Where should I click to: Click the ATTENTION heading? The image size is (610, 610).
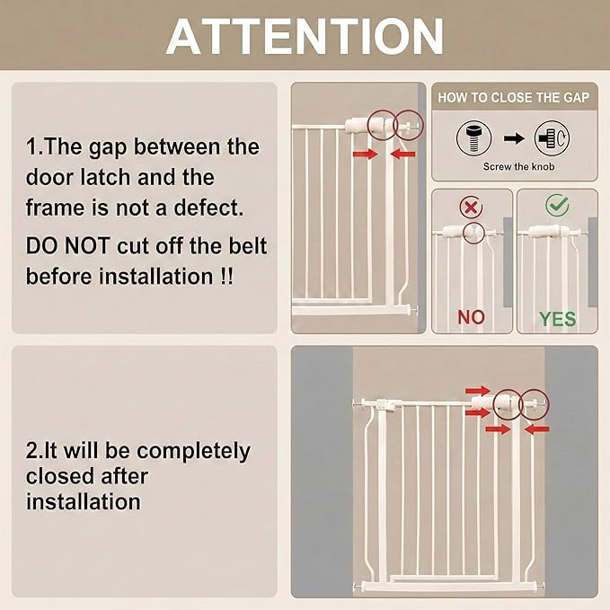[x=305, y=37]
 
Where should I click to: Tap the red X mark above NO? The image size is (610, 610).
[x=471, y=207]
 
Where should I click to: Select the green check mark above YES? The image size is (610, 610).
[x=557, y=205]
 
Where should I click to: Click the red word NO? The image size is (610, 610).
[x=471, y=317]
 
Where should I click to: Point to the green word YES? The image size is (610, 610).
[x=558, y=319]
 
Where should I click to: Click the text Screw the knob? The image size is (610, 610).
[x=518, y=166]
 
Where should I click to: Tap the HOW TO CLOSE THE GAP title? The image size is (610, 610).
[x=514, y=97]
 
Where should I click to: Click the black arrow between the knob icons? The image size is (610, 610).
[x=514, y=138]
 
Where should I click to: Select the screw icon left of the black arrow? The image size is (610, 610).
[x=473, y=138]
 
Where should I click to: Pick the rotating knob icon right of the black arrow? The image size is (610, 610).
[x=552, y=138]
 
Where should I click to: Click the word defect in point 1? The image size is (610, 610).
[x=208, y=208]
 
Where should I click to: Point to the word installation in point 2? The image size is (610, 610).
[x=84, y=501]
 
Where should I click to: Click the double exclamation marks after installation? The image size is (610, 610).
[x=226, y=277]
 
